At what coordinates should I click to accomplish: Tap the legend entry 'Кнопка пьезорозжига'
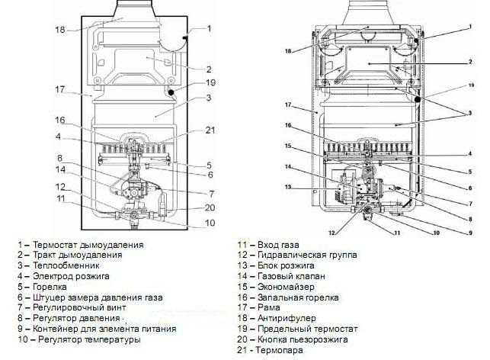click(304, 339)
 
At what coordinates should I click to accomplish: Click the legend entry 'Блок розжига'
click(289, 265)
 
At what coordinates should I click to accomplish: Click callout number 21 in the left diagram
click(210, 130)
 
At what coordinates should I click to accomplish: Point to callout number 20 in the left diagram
click(211, 207)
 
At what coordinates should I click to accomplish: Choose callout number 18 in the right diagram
click(289, 51)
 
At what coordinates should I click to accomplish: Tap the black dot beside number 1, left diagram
click(186, 35)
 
